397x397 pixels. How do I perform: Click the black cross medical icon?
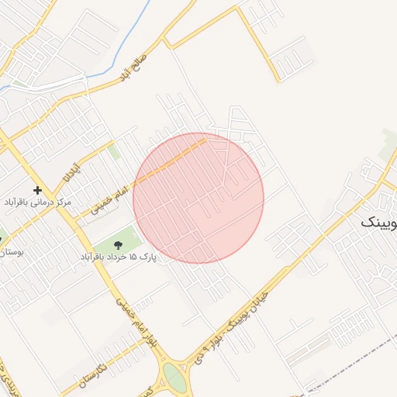[37, 190]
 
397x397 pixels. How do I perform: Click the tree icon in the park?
[117, 246]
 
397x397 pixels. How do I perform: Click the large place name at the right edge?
[379, 223]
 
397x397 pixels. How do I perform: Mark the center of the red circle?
[198, 198]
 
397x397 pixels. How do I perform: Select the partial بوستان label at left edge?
[11, 252]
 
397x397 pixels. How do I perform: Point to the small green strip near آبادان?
[114, 150]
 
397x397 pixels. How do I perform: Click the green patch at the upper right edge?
[388, 147]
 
